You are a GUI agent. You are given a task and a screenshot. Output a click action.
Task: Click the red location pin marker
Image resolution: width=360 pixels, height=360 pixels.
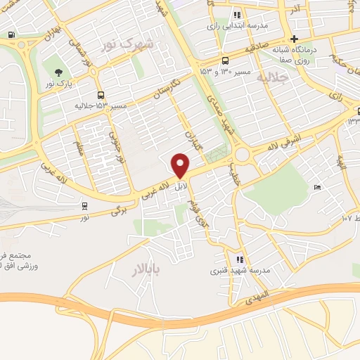(x=181, y=165)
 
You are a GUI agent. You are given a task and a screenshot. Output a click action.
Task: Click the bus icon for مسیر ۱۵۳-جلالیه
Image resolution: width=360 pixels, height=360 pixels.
(x=101, y=94)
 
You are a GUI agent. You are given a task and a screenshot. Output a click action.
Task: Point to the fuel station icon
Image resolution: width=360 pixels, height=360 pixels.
(x=11, y=34)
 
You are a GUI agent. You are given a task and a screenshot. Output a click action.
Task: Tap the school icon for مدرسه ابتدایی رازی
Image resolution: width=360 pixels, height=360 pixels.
(x=238, y=15)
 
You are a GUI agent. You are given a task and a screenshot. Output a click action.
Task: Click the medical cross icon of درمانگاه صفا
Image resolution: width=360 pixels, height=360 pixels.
(x=295, y=38)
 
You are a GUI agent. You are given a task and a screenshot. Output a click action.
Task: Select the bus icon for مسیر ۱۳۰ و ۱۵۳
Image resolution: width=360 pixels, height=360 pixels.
(x=224, y=60)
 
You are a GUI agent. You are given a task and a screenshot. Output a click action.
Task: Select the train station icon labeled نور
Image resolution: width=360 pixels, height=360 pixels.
(x=84, y=206)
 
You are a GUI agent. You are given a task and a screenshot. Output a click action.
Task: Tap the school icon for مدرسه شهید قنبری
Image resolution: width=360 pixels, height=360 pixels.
(x=240, y=259)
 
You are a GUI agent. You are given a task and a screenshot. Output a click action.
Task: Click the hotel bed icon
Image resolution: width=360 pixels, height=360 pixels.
(x=317, y=187)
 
